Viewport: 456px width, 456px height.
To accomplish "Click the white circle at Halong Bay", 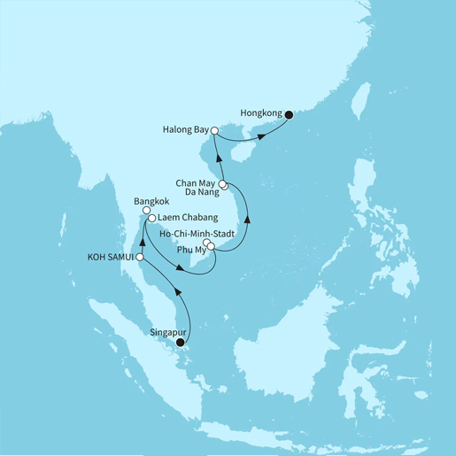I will coord(213,131).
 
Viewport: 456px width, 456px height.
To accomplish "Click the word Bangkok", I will coord(151,202).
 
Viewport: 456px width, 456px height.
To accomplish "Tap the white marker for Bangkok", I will coord(146,211).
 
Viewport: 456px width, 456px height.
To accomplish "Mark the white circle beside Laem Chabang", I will coord(152,218).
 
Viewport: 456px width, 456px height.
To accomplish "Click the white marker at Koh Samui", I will coord(140,257).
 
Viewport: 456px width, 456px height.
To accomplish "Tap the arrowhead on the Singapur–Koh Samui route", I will coord(178,291).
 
